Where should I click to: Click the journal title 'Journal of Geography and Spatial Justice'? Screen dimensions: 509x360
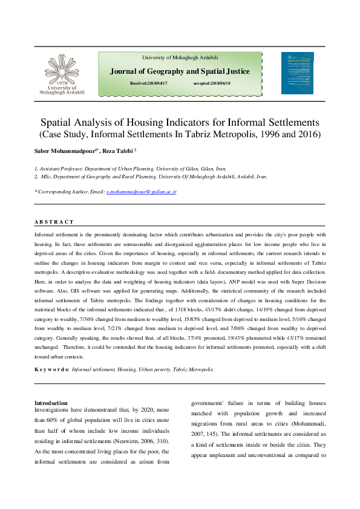[180, 71]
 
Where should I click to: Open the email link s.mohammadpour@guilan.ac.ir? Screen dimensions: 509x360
[141, 191]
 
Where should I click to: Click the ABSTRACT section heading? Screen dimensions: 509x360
[54, 222]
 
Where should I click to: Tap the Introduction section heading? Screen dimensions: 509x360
[51, 403]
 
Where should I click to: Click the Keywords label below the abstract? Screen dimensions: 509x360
[51, 368]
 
